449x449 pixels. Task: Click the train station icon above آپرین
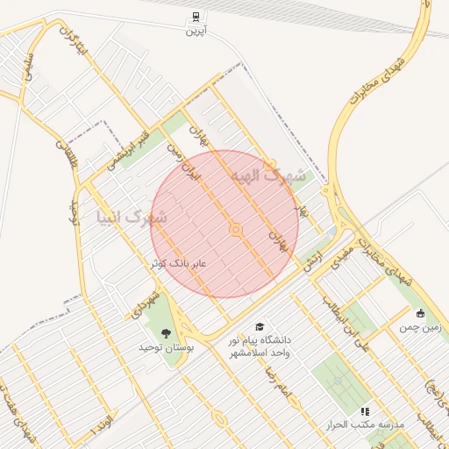point(194,17)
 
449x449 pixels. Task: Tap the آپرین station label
point(194,31)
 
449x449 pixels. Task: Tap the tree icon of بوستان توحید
point(167,332)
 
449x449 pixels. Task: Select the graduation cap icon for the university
point(260,326)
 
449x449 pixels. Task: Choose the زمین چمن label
point(422,328)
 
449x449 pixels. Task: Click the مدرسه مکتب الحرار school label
point(364,424)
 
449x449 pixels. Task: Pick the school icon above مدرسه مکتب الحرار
point(365,410)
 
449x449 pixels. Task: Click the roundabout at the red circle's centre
point(235,230)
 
